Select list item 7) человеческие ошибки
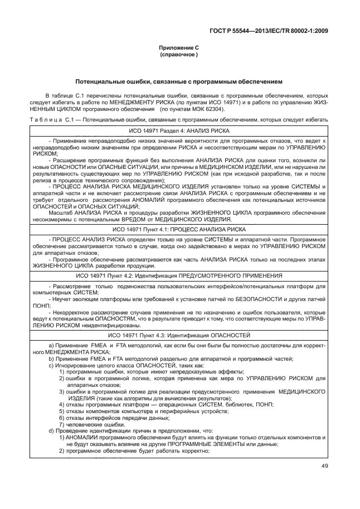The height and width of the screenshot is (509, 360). pyautogui.click(x=93, y=424)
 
